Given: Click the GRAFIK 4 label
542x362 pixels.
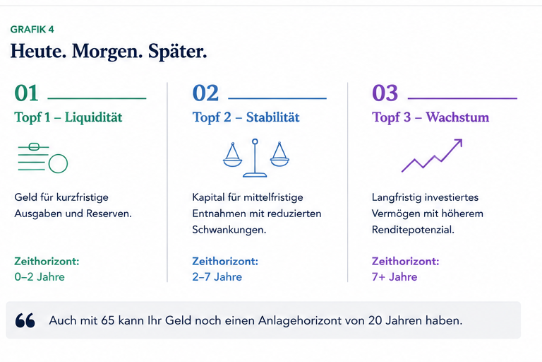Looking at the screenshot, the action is tap(32, 30).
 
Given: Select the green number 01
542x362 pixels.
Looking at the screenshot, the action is tap(26, 93).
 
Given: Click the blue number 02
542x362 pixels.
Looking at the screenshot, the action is tap(205, 93).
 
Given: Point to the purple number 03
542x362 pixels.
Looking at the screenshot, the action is tap(385, 93).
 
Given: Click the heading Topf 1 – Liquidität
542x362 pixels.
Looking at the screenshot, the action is tap(68, 117).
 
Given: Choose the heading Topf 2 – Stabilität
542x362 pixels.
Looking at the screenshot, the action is tap(246, 117).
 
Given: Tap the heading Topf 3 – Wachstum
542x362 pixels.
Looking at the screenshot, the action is tap(430, 117).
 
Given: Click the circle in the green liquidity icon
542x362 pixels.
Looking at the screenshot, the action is tap(58, 163).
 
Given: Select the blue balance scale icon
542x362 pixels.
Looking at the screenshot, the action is tap(255, 158).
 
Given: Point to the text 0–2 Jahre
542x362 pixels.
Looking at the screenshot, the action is tap(40, 276).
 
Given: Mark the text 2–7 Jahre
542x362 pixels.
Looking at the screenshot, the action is tap(217, 276).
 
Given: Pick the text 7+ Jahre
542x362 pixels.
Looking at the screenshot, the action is tap(395, 276).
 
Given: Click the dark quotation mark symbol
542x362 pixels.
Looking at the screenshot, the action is tap(25, 320).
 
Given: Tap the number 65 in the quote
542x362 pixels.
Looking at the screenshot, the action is tap(107, 320).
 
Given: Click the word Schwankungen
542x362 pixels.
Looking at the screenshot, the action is tap(229, 230).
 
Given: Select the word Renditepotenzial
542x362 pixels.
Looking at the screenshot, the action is tap(413, 230).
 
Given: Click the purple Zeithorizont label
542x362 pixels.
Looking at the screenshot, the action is tap(406, 261).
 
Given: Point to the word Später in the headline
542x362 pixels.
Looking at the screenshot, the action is tap(178, 52).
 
